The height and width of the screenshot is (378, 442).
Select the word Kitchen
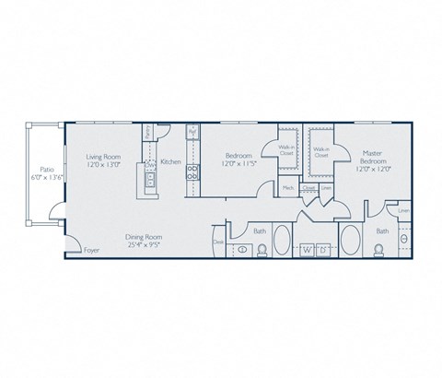point(170,163)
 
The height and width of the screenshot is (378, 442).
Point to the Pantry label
point(147,134)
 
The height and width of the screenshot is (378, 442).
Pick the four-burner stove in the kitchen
point(192,171)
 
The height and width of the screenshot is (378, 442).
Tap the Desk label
point(217,243)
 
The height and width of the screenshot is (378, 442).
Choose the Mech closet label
point(287,187)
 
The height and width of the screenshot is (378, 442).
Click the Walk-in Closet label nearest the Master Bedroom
point(321,153)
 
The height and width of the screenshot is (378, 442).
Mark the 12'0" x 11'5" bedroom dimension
point(239,164)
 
